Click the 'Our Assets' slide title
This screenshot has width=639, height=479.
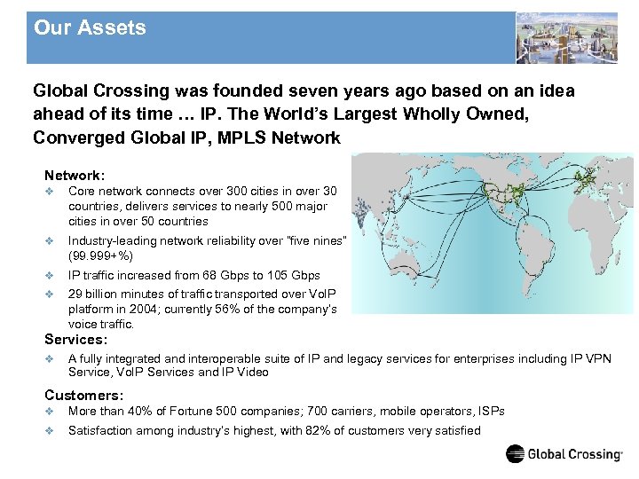tap(90, 28)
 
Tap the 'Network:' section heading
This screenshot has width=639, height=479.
tap(75, 176)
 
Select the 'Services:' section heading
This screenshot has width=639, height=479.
tap(75, 339)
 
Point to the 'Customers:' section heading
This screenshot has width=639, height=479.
tap(84, 395)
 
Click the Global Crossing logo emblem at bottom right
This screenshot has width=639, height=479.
tap(516, 454)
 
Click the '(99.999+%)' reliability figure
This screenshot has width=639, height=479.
tap(101, 256)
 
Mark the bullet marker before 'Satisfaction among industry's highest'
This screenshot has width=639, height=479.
tap(50, 431)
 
